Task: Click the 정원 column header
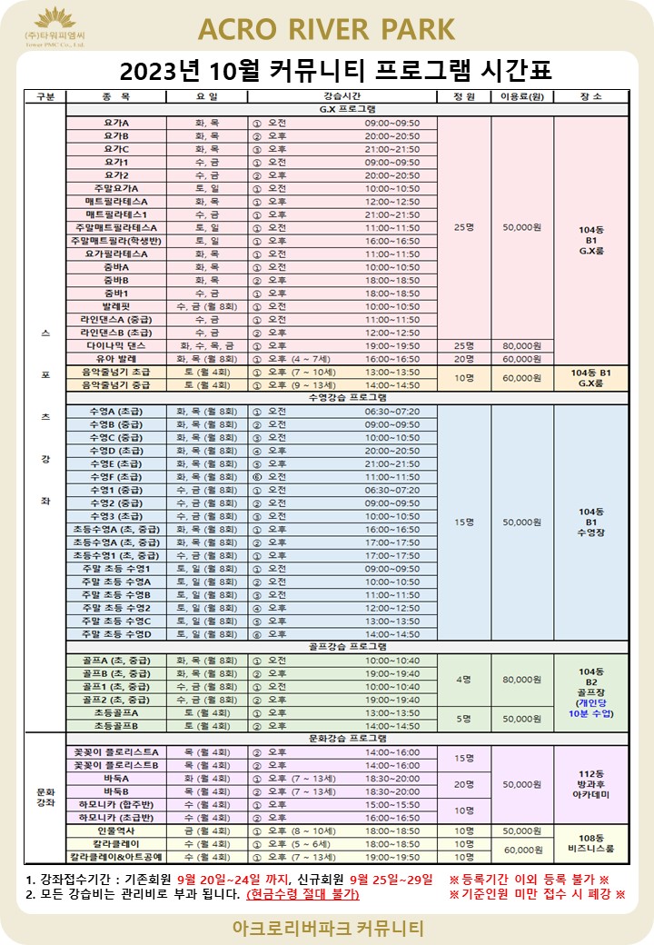click(x=463, y=96)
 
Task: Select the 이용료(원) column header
click(x=521, y=96)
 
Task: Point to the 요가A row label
click(x=115, y=123)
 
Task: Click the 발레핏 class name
click(x=115, y=307)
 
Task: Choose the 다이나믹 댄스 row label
click(x=115, y=346)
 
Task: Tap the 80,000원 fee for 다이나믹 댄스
click(x=521, y=346)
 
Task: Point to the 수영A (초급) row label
click(x=115, y=412)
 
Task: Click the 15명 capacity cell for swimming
click(x=463, y=522)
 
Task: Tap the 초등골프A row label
click(x=115, y=713)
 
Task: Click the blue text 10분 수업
click(x=590, y=714)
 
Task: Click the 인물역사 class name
click(x=115, y=831)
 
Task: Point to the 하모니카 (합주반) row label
click(x=115, y=805)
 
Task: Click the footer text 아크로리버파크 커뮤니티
click(x=326, y=930)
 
